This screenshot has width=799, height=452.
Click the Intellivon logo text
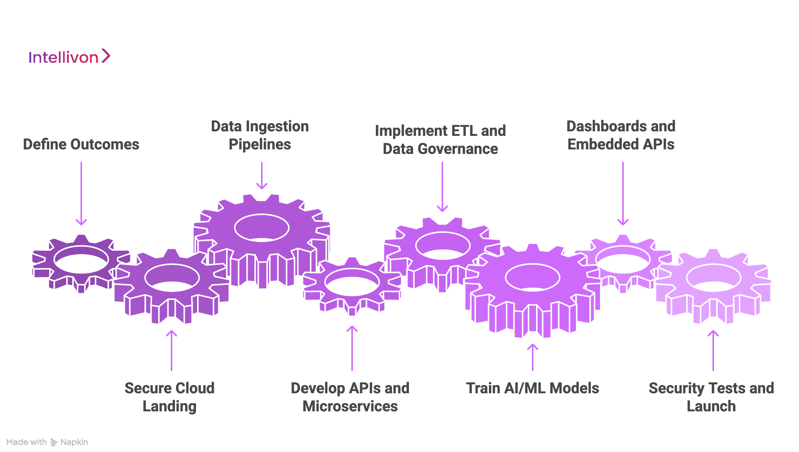(x=63, y=58)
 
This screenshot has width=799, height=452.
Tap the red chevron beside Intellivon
(x=106, y=56)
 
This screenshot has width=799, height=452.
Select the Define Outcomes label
(x=81, y=145)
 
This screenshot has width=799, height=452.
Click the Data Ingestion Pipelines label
(x=260, y=135)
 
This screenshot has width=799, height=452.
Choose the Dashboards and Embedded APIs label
(x=621, y=135)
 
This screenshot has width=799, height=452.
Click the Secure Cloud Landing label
(x=169, y=397)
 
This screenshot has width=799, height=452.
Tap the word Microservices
(x=350, y=406)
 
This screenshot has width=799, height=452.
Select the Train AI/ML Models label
(x=532, y=388)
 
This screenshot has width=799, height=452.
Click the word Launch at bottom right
(x=711, y=406)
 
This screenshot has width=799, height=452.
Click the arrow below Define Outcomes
(x=81, y=193)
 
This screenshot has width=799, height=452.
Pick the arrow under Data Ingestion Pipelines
(x=262, y=175)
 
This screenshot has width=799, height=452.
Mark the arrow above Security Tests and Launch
(x=713, y=350)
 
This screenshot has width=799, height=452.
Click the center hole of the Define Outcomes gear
(x=81, y=260)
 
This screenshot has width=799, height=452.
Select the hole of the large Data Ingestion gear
(x=262, y=227)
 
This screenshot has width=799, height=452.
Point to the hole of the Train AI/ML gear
(x=533, y=277)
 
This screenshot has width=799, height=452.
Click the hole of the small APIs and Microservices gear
(x=352, y=282)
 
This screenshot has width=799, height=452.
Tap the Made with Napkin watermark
(x=47, y=442)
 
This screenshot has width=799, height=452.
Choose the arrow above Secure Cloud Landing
(x=172, y=350)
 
